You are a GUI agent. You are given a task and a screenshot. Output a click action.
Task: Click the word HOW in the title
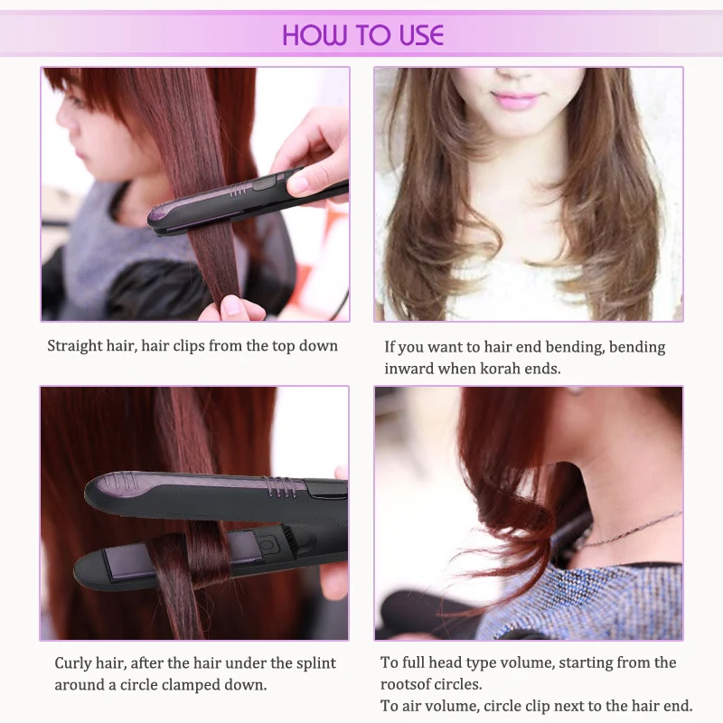314,35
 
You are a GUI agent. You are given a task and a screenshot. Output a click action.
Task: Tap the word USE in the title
422,35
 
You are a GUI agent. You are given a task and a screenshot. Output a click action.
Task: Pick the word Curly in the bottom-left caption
73,664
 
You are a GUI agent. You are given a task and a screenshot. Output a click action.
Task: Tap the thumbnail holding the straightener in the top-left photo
298,183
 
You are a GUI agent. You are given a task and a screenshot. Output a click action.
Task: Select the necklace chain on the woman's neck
632,529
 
